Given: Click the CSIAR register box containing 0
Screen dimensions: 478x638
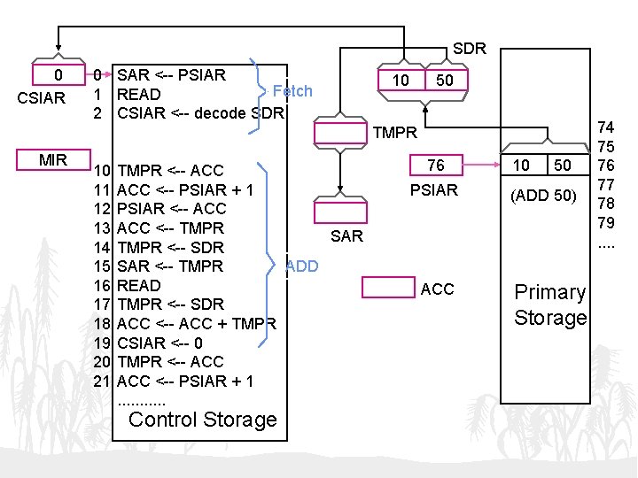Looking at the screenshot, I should point(58,75).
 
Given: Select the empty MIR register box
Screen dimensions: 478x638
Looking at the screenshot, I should point(53,160).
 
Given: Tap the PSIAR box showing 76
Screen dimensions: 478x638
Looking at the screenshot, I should point(435,166).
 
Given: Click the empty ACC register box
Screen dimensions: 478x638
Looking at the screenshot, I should point(390,288).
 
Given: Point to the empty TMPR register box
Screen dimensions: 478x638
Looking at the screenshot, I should point(341,134).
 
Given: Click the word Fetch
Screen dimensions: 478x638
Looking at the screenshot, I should point(292,90).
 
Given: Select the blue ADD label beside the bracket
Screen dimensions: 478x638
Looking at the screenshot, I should point(302,266).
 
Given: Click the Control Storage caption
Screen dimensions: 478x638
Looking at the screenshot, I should point(203,420).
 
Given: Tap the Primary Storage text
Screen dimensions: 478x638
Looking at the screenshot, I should point(550,305).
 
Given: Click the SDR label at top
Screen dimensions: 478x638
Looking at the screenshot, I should point(469,49).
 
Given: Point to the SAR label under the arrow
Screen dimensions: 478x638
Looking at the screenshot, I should point(346,235).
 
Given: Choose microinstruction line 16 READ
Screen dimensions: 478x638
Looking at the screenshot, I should point(139,285).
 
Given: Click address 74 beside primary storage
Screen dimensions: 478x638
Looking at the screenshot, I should point(607,127).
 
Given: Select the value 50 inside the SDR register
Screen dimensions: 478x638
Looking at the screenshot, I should point(445,81).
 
